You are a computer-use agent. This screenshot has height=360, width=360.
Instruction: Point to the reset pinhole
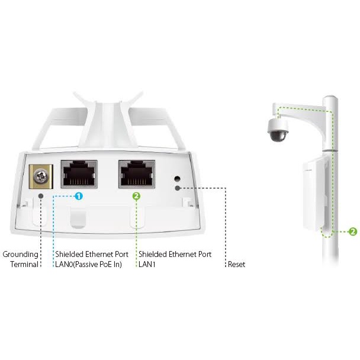pos(176,178)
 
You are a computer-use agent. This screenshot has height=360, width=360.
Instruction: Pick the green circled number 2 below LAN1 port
pos(136,195)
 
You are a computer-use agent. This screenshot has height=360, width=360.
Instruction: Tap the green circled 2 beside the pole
pos(353,232)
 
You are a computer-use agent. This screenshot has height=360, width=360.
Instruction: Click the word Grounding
pos(20,255)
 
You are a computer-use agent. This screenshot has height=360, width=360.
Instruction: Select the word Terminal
pos(24,265)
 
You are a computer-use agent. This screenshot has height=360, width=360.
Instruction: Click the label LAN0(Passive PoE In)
pos(88,265)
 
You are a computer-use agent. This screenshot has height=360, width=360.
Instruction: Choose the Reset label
pos(236,265)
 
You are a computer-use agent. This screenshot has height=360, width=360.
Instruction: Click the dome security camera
pos(277,130)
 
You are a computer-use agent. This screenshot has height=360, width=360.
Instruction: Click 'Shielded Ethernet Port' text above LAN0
pos(91,255)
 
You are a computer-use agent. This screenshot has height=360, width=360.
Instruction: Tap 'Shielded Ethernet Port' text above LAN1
pos(175,255)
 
